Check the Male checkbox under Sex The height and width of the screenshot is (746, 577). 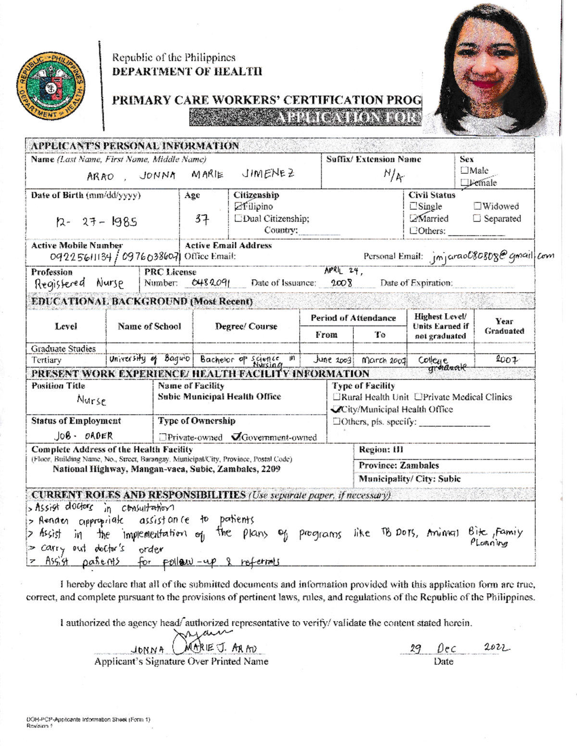pos(464,171)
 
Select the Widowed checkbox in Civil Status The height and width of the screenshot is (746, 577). pos(477,207)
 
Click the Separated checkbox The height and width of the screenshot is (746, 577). pos(477,219)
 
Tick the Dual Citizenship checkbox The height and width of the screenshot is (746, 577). pos(238,219)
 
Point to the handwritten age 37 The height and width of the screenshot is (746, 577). pos(202,220)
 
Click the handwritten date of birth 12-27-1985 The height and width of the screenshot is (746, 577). pos(97,221)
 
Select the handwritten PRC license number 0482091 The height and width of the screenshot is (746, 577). pos(211,282)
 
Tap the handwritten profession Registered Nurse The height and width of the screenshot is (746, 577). pos(78,283)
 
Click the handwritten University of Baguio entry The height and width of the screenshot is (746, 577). pos(150,359)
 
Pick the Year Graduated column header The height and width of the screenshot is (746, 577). pos(504,326)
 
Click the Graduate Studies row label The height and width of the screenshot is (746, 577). pos(63,348)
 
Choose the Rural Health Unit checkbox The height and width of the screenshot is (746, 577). pos(337,397)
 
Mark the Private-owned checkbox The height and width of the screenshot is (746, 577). pos(163,438)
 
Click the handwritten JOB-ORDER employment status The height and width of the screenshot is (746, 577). pos(84,436)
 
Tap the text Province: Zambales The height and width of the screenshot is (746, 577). pos(399,465)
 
